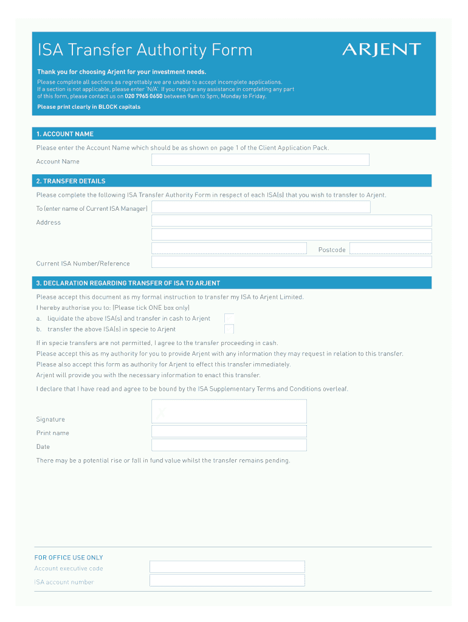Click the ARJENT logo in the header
point(381,49)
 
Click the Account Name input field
point(260,160)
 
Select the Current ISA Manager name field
point(261,207)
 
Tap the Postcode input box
point(390,248)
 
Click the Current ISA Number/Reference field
point(291,262)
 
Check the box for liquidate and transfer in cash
point(229,318)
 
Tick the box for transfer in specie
point(229,329)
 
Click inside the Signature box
point(229,411)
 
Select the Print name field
point(229,431)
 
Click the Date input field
point(229,445)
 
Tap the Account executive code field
point(227,567)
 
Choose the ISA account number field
point(227,580)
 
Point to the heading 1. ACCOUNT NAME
point(65,134)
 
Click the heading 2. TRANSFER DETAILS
point(71,181)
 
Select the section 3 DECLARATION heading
point(128,283)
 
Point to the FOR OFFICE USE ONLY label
point(69,558)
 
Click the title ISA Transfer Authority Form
point(145,50)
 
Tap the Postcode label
point(332,250)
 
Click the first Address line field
point(291,220)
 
